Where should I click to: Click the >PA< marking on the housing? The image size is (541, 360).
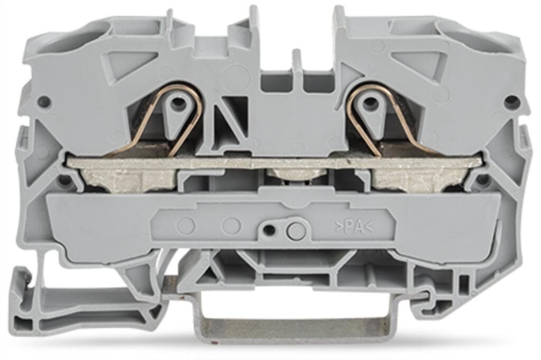(354, 227)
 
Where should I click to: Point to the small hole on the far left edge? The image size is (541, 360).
(43, 101)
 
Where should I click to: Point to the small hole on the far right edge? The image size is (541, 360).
(511, 101)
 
